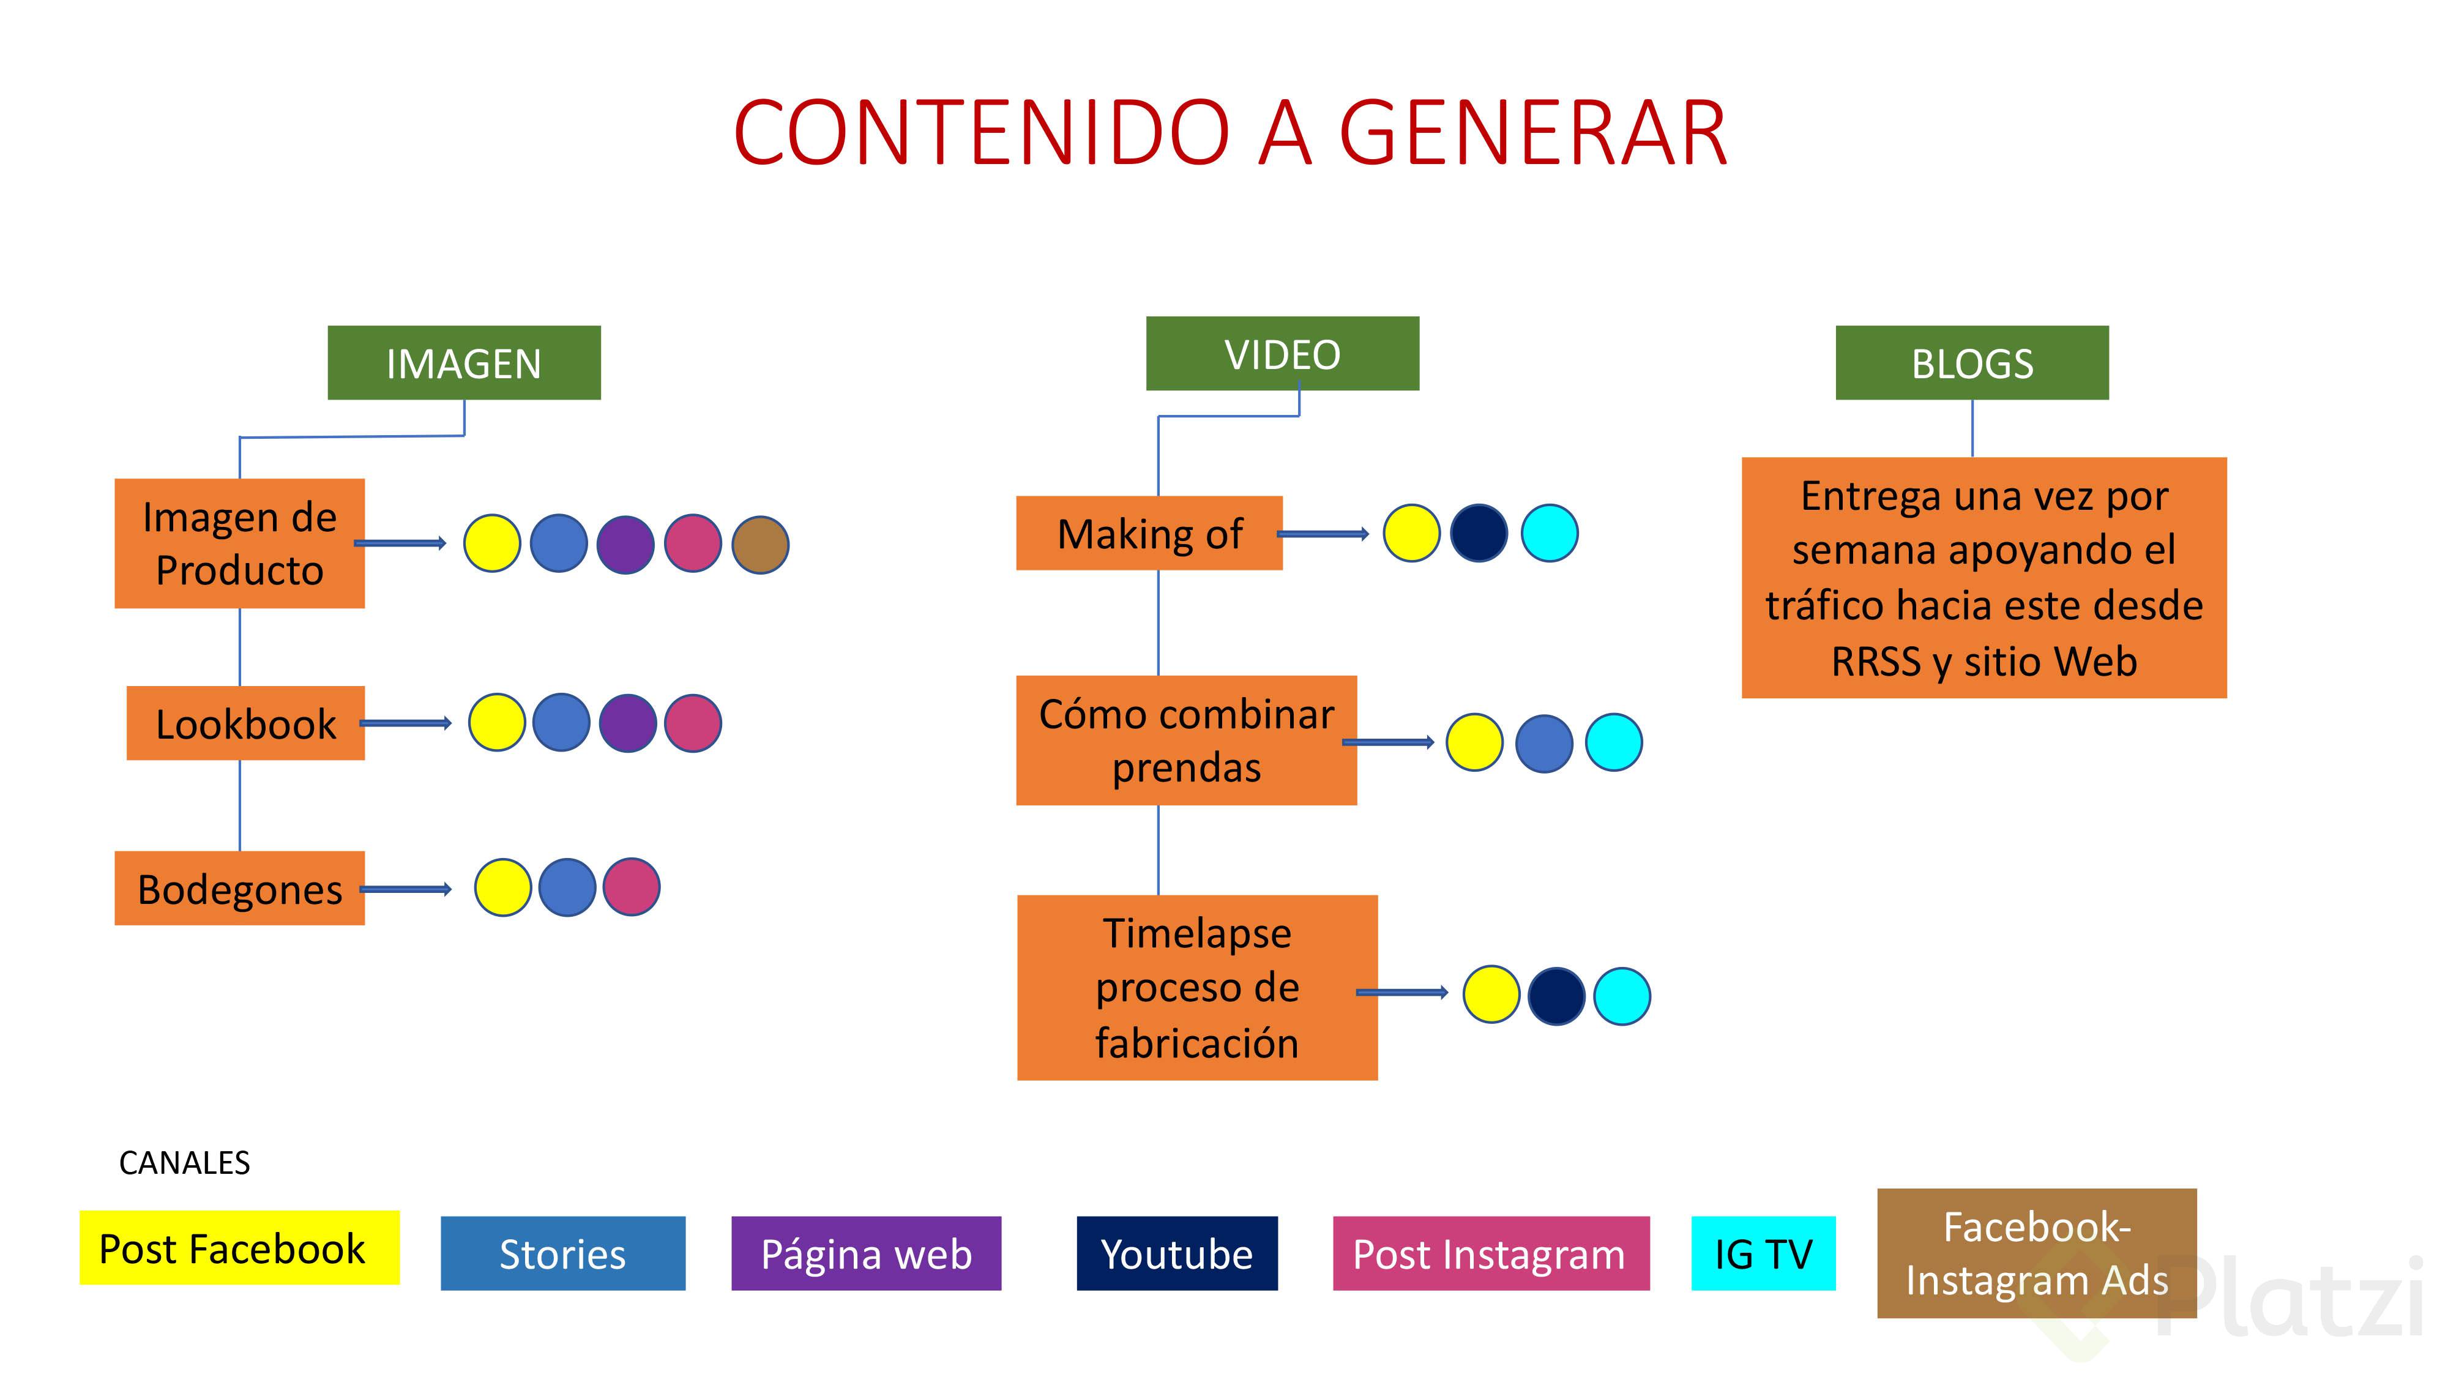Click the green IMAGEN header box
pyautogui.click(x=464, y=363)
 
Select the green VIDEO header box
pyautogui.click(x=1282, y=354)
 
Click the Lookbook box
pyautogui.click(x=245, y=723)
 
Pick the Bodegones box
pyautogui.click(x=239, y=889)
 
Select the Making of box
pyautogui.click(x=1149, y=533)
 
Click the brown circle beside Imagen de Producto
pyautogui.click(x=760, y=545)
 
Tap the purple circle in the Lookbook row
pyautogui.click(x=627, y=723)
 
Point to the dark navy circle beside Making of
pyautogui.click(x=1479, y=533)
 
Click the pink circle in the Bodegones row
pyautogui.click(x=631, y=887)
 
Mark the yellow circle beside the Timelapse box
pyautogui.click(x=1491, y=995)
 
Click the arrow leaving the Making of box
pyautogui.click(x=1323, y=534)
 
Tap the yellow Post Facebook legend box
pyautogui.click(x=239, y=1248)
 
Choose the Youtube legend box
pyautogui.click(x=1176, y=1253)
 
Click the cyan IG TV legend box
pyautogui.click(x=1763, y=1253)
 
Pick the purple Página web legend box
pyautogui.click(x=866, y=1253)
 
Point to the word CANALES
pyautogui.click(x=184, y=1162)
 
